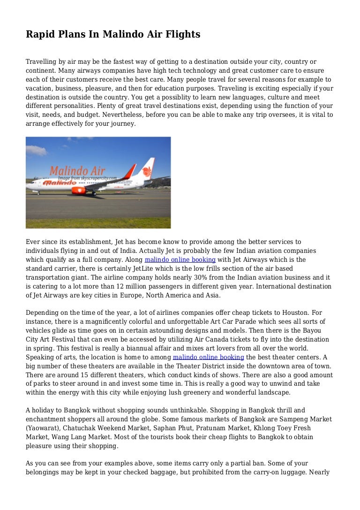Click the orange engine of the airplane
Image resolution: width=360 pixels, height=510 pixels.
pyautogui.click(x=78, y=190)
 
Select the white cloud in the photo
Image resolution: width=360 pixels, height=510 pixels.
pyautogui.click(x=36, y=150)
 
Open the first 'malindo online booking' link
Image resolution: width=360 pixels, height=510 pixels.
pyautogui.click(x=180, y=259)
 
